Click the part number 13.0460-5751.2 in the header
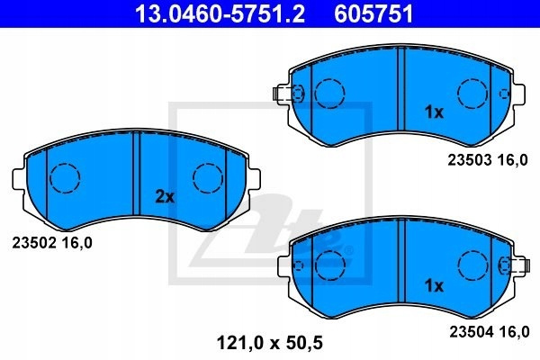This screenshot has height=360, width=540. [x=220, y=14]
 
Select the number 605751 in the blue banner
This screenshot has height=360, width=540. [x=373, y=14]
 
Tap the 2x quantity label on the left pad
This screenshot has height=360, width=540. [x=165, y=197]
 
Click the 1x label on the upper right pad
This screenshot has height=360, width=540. [x=434, y=112]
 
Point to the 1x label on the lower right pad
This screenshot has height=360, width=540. [x=434, y=285]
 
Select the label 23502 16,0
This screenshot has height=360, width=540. [x=52, y=243]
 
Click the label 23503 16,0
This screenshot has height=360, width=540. [x=487, y=160]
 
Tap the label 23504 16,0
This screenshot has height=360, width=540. [x=489, y=332]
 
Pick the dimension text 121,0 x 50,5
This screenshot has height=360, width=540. [x=270, y=343]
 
